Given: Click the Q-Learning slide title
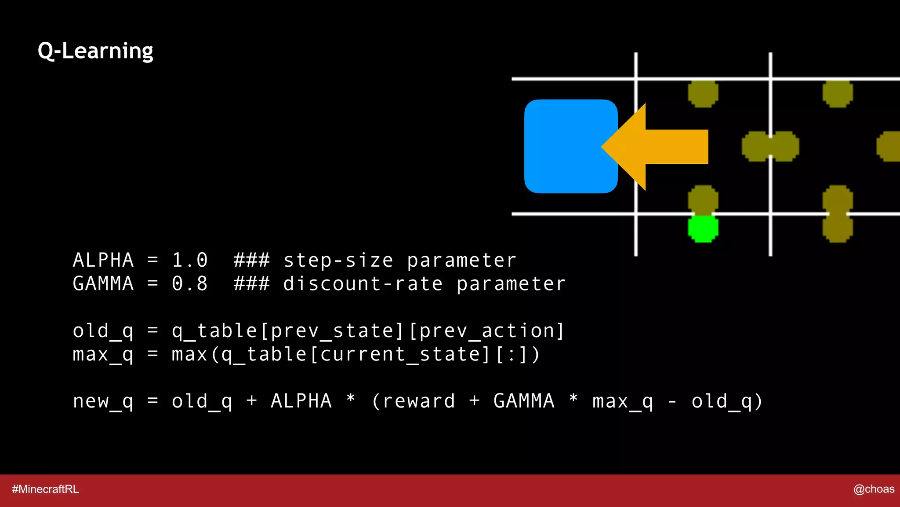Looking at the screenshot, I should pos(95,51).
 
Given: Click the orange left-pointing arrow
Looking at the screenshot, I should pos(659,147).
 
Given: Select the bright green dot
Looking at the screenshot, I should pos(703,228).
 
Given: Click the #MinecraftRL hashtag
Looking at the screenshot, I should pos(45,489).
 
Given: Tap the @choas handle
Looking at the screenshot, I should pos(874,489).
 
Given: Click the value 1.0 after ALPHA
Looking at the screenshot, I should pos(189,260).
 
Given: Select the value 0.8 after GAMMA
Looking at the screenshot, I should pos(189,283).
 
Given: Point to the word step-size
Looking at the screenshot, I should pos(338,260).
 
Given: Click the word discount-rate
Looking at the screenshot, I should pos(363,283).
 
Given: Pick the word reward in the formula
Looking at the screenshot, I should pos(419,401).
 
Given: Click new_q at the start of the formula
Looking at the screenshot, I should pos(103,401).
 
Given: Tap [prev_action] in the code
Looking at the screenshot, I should pos(486,331).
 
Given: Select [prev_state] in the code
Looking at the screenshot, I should pos(332,331).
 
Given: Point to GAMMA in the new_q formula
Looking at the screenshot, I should pos(524,401).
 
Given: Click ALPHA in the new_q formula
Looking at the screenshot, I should pos(301,401).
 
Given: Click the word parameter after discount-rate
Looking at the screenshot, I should pos(511,283).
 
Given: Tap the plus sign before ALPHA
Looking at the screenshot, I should pos(252,401).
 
